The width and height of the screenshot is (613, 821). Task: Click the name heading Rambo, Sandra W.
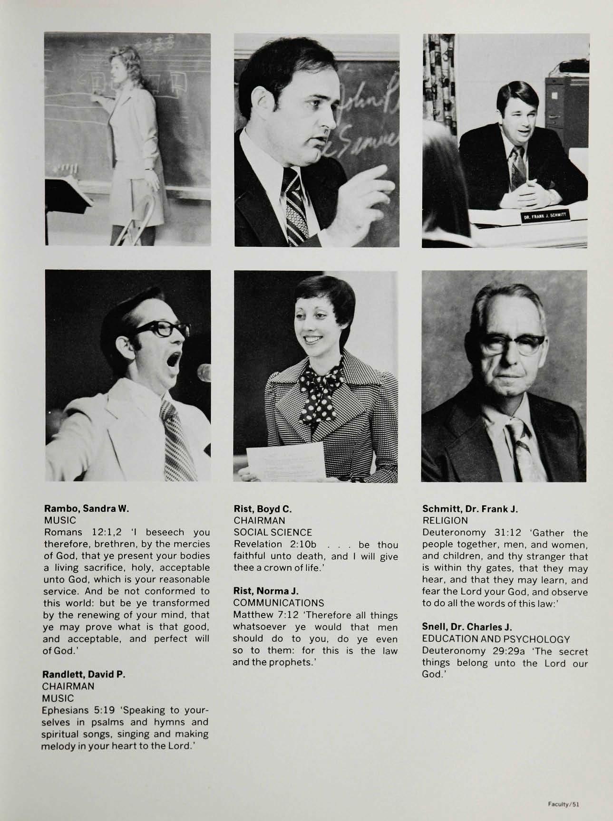[x=86, y=508]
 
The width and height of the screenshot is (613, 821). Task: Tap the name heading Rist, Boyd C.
[x=263, y=508]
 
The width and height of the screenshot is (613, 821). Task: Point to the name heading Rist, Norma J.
[x=265, y=591]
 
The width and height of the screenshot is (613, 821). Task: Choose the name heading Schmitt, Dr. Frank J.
[x=469, y=509]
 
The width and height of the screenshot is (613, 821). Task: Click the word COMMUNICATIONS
[x=279, y=603]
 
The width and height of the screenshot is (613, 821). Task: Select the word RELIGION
[x=445, y=521]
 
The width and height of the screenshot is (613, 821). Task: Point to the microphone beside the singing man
[x=204, y=373]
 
